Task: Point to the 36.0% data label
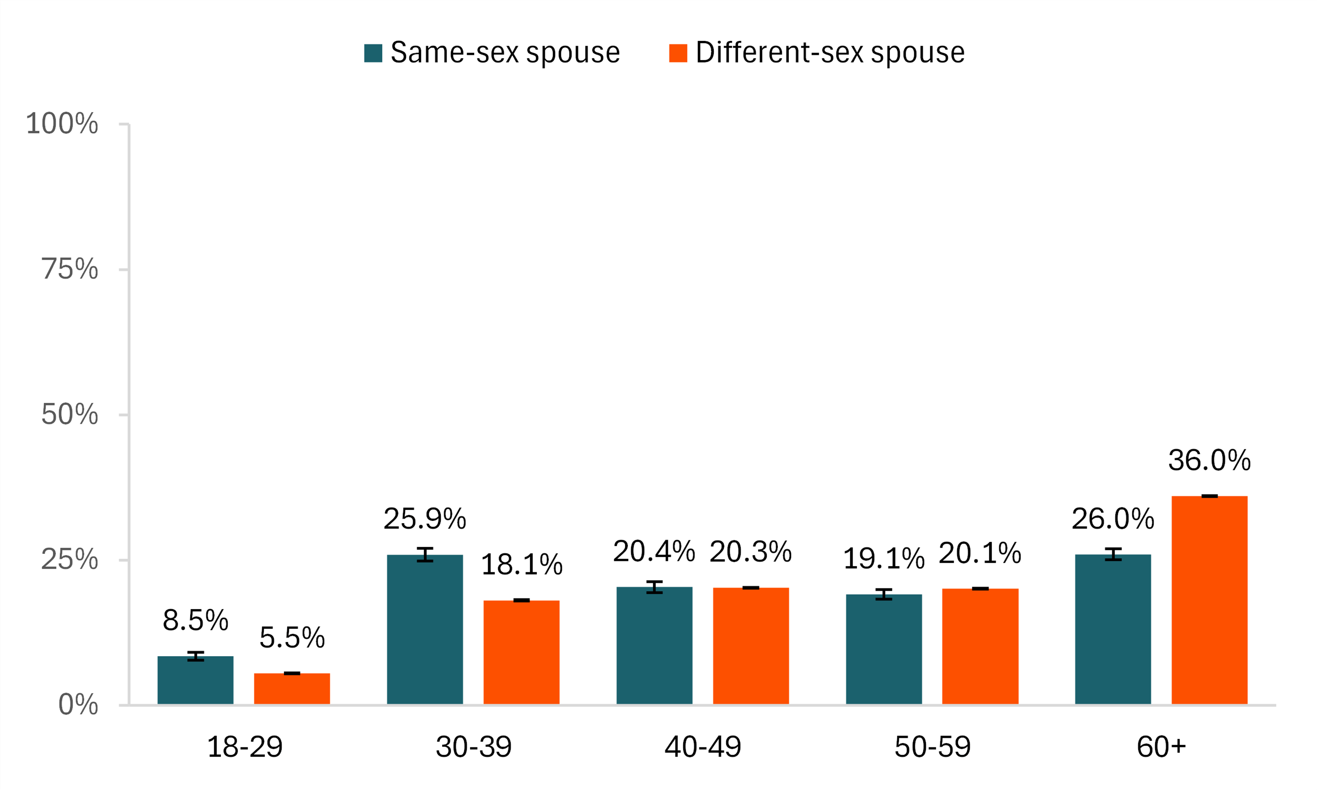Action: [x=1209, y=460]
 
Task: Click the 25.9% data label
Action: [x=425, y=519]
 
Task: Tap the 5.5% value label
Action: [x=292, y=638]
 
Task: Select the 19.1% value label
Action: [x=884, y=559]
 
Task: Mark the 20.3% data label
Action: [x=751, y=552]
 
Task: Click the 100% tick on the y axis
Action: [x=62, y=124]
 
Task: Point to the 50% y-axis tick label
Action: [x=70, y=415]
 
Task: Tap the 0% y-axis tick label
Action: [x=78, y=705]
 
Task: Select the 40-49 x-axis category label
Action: [x=703, y=747]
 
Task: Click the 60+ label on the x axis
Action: [x=1161, y=747]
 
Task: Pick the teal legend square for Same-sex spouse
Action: [x=373, y=53]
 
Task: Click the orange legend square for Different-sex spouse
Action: [x=678, y=53]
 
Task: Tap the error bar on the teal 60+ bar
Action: [x=1113, y=554]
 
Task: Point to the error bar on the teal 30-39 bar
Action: [x=425, y=554]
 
